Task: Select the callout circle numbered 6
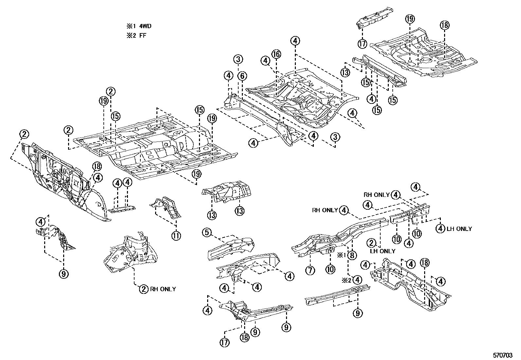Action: pyautogui.click(x=242, y=76)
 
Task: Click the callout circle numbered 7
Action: pyautogui.click(x=310, y=271)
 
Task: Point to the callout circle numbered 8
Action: pyautogui.click(x=352, y=256)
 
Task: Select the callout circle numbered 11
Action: pyautogui.click(x=176, y=236)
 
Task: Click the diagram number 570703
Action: pyautogui.click(x=503, y=355)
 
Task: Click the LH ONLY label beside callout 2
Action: pyautogui.click(x=383, y=251)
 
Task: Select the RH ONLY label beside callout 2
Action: pyautogui.click(x=163, y=289)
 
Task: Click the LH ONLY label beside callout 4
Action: pyautogui.click(x=459, y=229)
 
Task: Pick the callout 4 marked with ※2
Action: pyautogui.click(x=357, y=280)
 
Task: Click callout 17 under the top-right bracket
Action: pyautogui.click(x=362, y=44)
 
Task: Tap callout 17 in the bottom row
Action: pyautogui.click(x=225, y=342)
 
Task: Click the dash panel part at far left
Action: pyautogui.click(x=59, y=177)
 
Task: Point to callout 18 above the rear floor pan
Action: pyautogui.click(x=444, y=25)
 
